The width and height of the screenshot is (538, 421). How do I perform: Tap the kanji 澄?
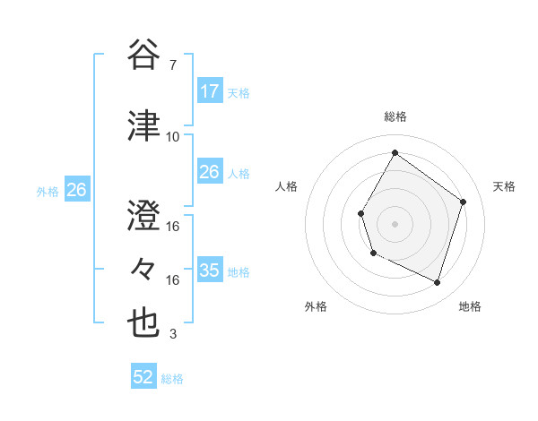pyautogui.click(x=143, y=216)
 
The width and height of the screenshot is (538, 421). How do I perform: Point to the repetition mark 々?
pyautogui.click(x=143, y=268)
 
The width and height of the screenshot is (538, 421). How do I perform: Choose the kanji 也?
pyautogui.click(x=143, y=323)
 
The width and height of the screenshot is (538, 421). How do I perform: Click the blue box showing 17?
pyautogui.click(x=210, y=90)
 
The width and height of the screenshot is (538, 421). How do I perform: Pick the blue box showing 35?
pyautogui.click(x=210, y=271)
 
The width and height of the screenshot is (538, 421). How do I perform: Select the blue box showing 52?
pyautogui.click(x=143, y=377)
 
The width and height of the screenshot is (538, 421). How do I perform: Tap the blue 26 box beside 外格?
pyautogui.click(x=76, y=190)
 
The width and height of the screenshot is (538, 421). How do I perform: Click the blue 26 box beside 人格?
pyautogui.click(x=210, y=172)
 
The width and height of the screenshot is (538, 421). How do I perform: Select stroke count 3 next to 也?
pyautogui.click(x=172, y=334)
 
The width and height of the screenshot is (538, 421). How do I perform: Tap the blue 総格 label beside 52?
pyautogui.click(x=172, y=379)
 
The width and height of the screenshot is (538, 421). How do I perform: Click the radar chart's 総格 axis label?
pyautogui.click(x=395, y=116)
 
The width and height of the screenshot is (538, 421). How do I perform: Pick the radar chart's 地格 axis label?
pyautogui.click(x=470, y=306)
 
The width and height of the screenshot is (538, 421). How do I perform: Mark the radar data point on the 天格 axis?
pyautogui.click(x=464, y=202)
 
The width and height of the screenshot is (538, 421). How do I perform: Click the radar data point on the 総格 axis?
pyautogui.click(x=395, y=152)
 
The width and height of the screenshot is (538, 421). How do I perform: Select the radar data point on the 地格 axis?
pyautogui.click(x=438, y=283)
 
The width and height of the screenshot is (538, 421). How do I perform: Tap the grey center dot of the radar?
pyautogui.click(x=395, y=223)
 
